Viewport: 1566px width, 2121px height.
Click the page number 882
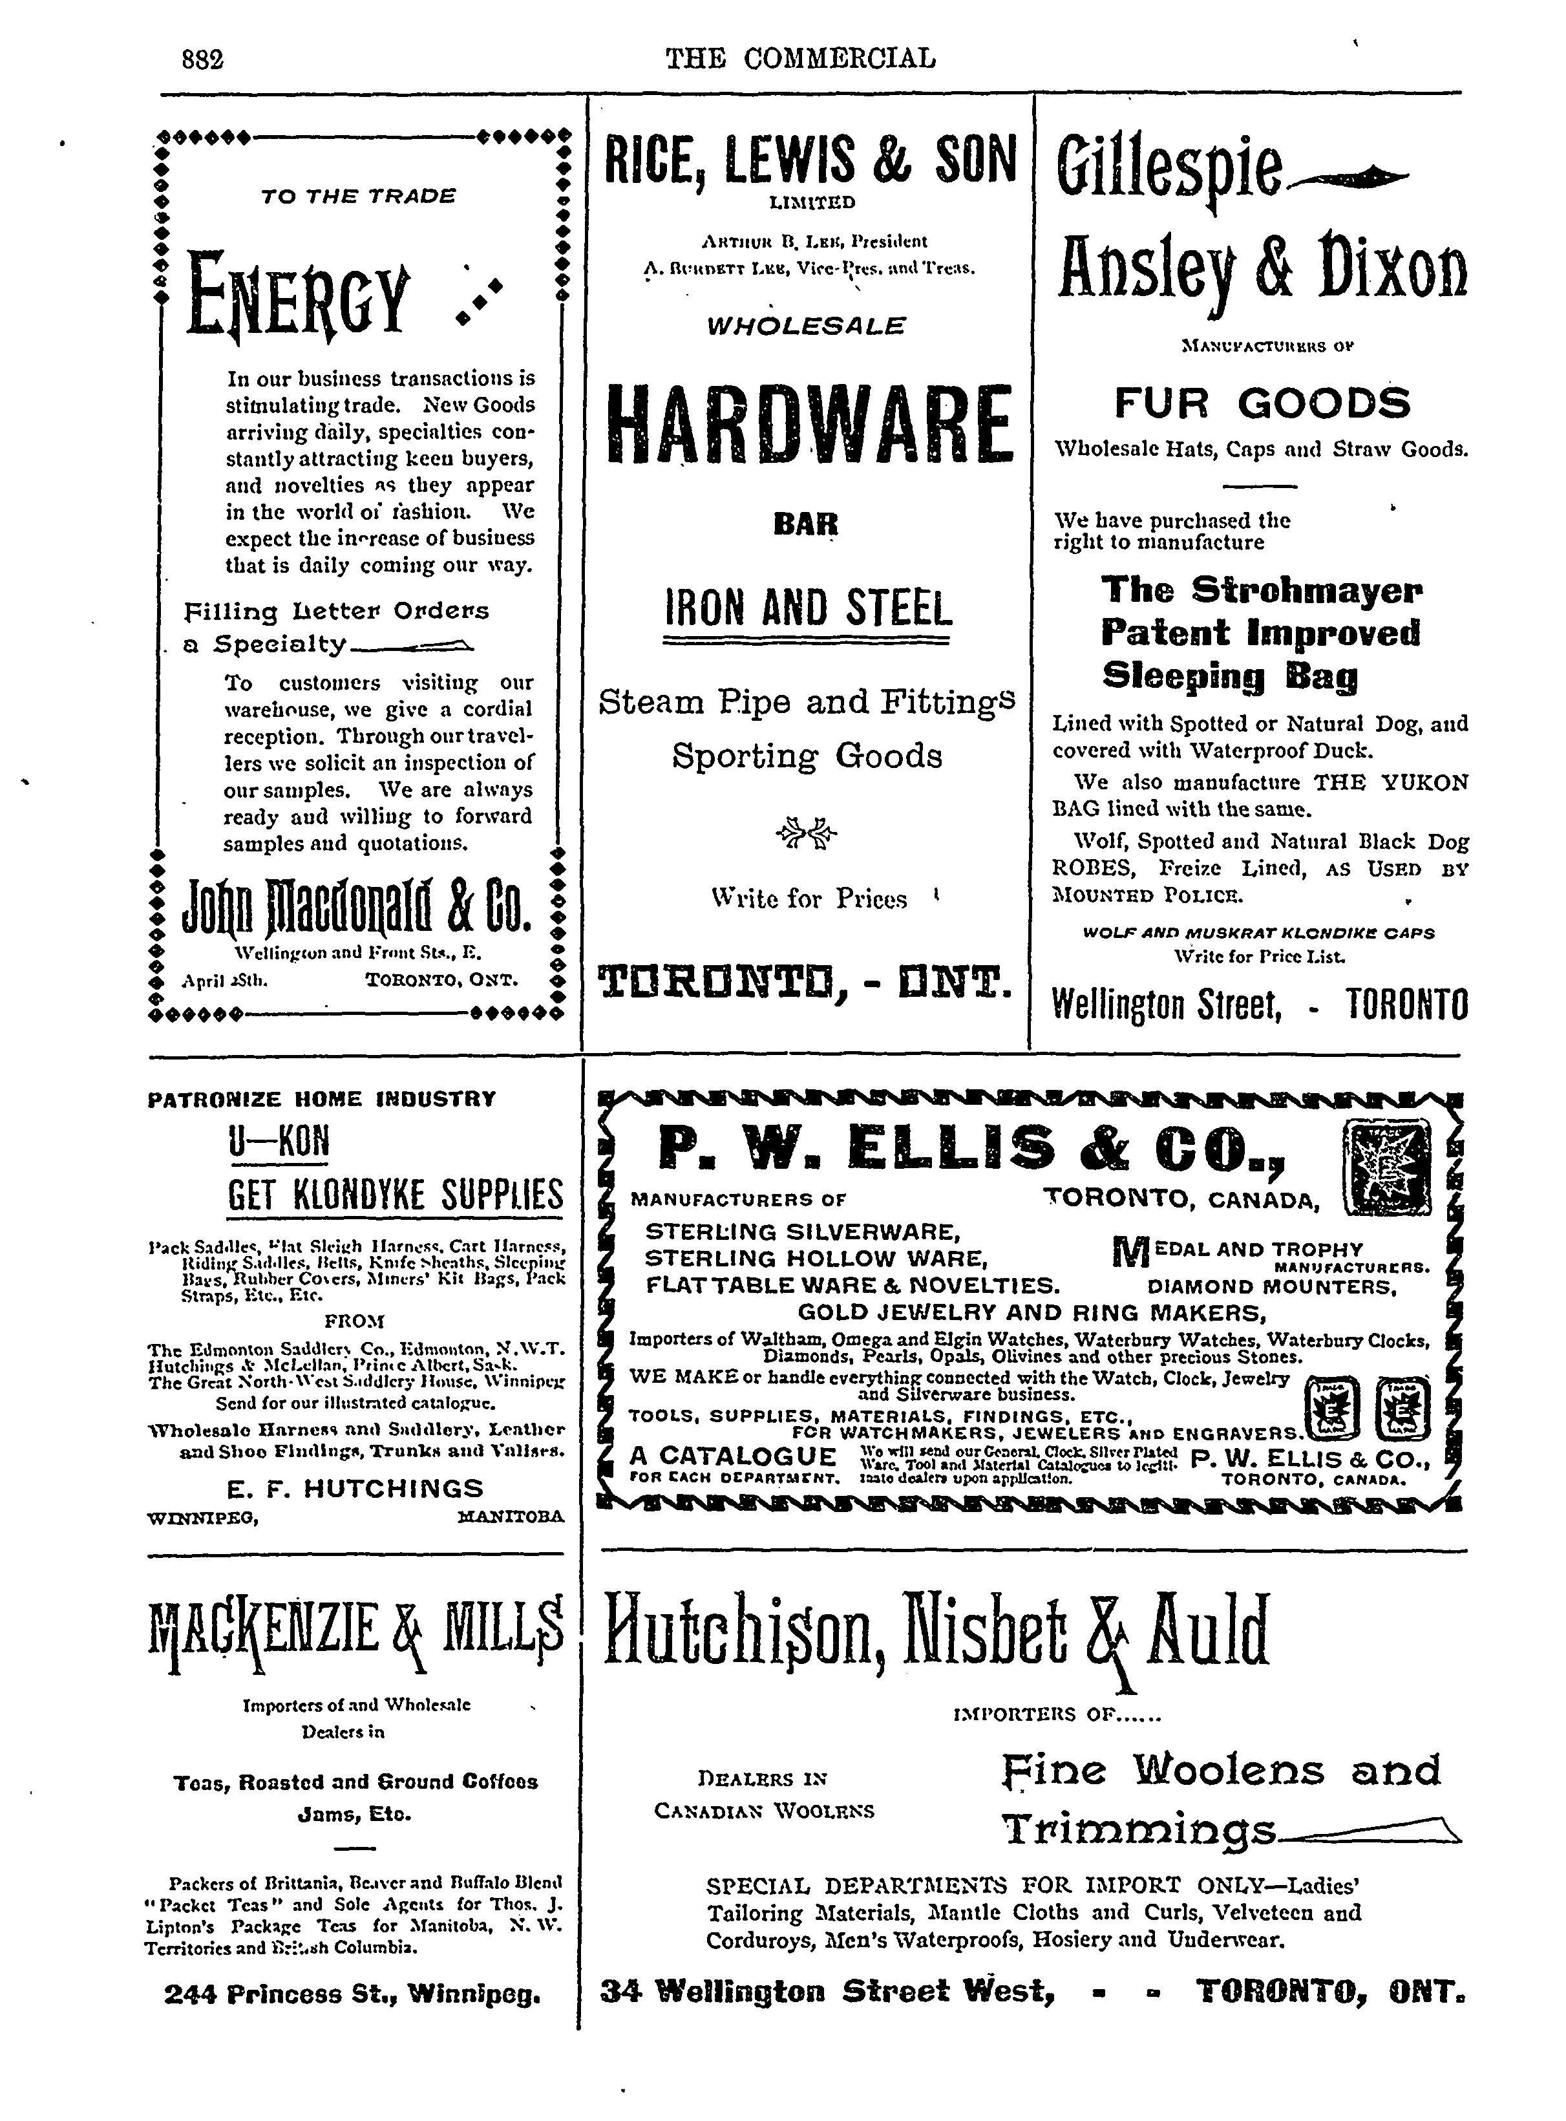pyautogui.click(x=202, y=59)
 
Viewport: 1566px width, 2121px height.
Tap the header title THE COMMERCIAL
pyautogui.click(x=800, y=59)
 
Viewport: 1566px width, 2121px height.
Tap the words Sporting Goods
pyautogui.click(x=807, y=756)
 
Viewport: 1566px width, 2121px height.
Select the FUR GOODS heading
pyautogui.click(x=1262, y=404)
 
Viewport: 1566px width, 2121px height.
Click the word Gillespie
pyautogui.click(x=1170, y=171)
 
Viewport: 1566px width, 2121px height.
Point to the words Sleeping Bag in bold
pyautogui.click(x=1229, y=676)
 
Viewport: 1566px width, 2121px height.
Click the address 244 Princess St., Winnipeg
pyautogui.click(x=353, y=1995)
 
